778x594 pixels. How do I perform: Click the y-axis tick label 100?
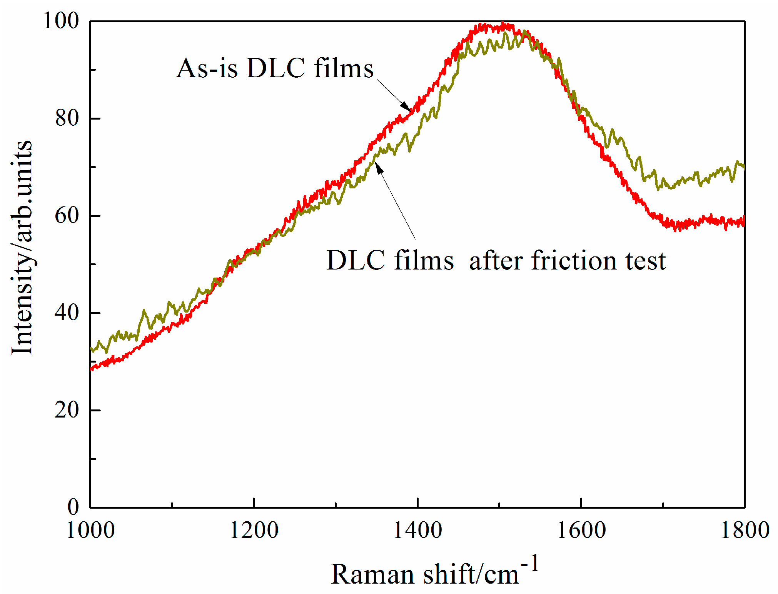tap(61, 21)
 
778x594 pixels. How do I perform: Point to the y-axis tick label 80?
tap(67, 118)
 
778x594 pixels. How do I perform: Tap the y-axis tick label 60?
tap(67, 215)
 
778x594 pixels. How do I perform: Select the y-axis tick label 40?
tap(67, 313)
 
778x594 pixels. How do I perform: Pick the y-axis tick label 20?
tap(67, 410)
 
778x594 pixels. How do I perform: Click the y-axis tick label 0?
tap(73, 507)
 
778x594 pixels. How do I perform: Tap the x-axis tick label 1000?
tap(90, 530)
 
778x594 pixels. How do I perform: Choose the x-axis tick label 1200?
tap(254, 530)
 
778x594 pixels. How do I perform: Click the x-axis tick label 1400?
tap(417, 530)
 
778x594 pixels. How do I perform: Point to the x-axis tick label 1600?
tap(581, 530)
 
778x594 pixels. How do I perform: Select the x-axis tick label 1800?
tap(745, 530)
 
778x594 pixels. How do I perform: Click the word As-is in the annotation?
tap(207, 68)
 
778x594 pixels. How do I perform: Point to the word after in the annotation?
tap(497, 261)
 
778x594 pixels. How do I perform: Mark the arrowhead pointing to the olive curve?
tap(379, 167)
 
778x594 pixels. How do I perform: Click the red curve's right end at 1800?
tap(744, 221)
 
